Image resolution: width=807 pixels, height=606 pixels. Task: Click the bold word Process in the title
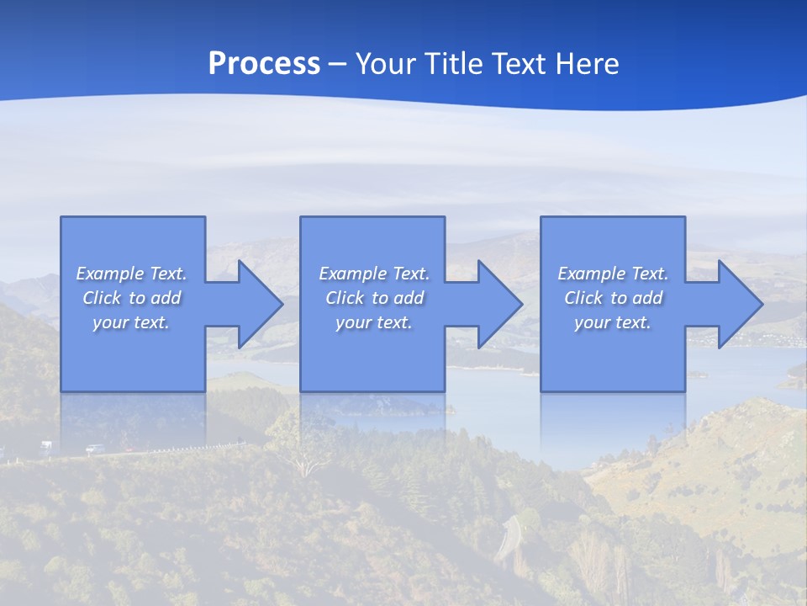[x=264, y=64]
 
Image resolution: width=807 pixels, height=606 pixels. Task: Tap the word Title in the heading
[x=456, y=64]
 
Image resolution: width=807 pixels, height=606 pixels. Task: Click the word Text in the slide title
[x=520, y=64]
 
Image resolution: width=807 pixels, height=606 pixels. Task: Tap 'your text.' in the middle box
[x=374, y=322]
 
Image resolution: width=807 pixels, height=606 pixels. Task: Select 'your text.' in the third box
[x=613, y=322]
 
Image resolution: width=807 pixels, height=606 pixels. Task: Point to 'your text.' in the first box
[x=131, y=322]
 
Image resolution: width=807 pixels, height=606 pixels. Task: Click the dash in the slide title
[x=338, y=64]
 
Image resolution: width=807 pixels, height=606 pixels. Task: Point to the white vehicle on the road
[x=45, y=444]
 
